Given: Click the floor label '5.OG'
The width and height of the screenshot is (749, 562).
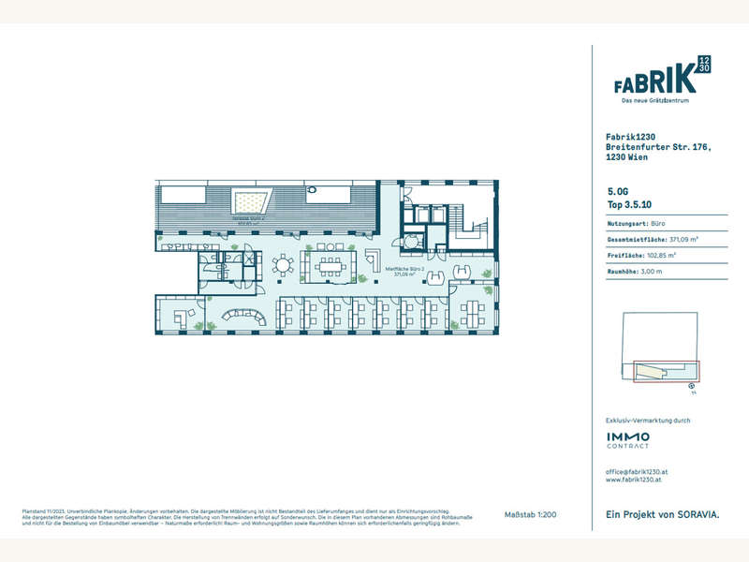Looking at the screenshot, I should [618, 189].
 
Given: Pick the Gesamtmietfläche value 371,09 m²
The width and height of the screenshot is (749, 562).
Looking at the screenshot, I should [687, 240].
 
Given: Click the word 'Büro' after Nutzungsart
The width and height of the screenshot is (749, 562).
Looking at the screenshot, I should [659, 225].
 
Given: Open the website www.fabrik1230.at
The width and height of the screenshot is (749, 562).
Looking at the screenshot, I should [636, 480].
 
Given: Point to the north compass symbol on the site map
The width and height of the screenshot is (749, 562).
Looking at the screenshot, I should [691, 384].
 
